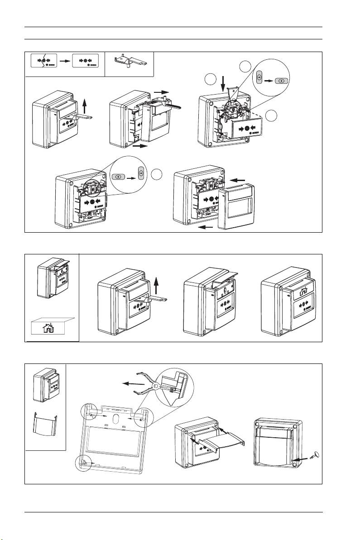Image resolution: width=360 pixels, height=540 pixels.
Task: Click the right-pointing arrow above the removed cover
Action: [161, 91]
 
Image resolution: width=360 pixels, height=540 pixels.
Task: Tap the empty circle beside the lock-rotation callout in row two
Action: [157, 173]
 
